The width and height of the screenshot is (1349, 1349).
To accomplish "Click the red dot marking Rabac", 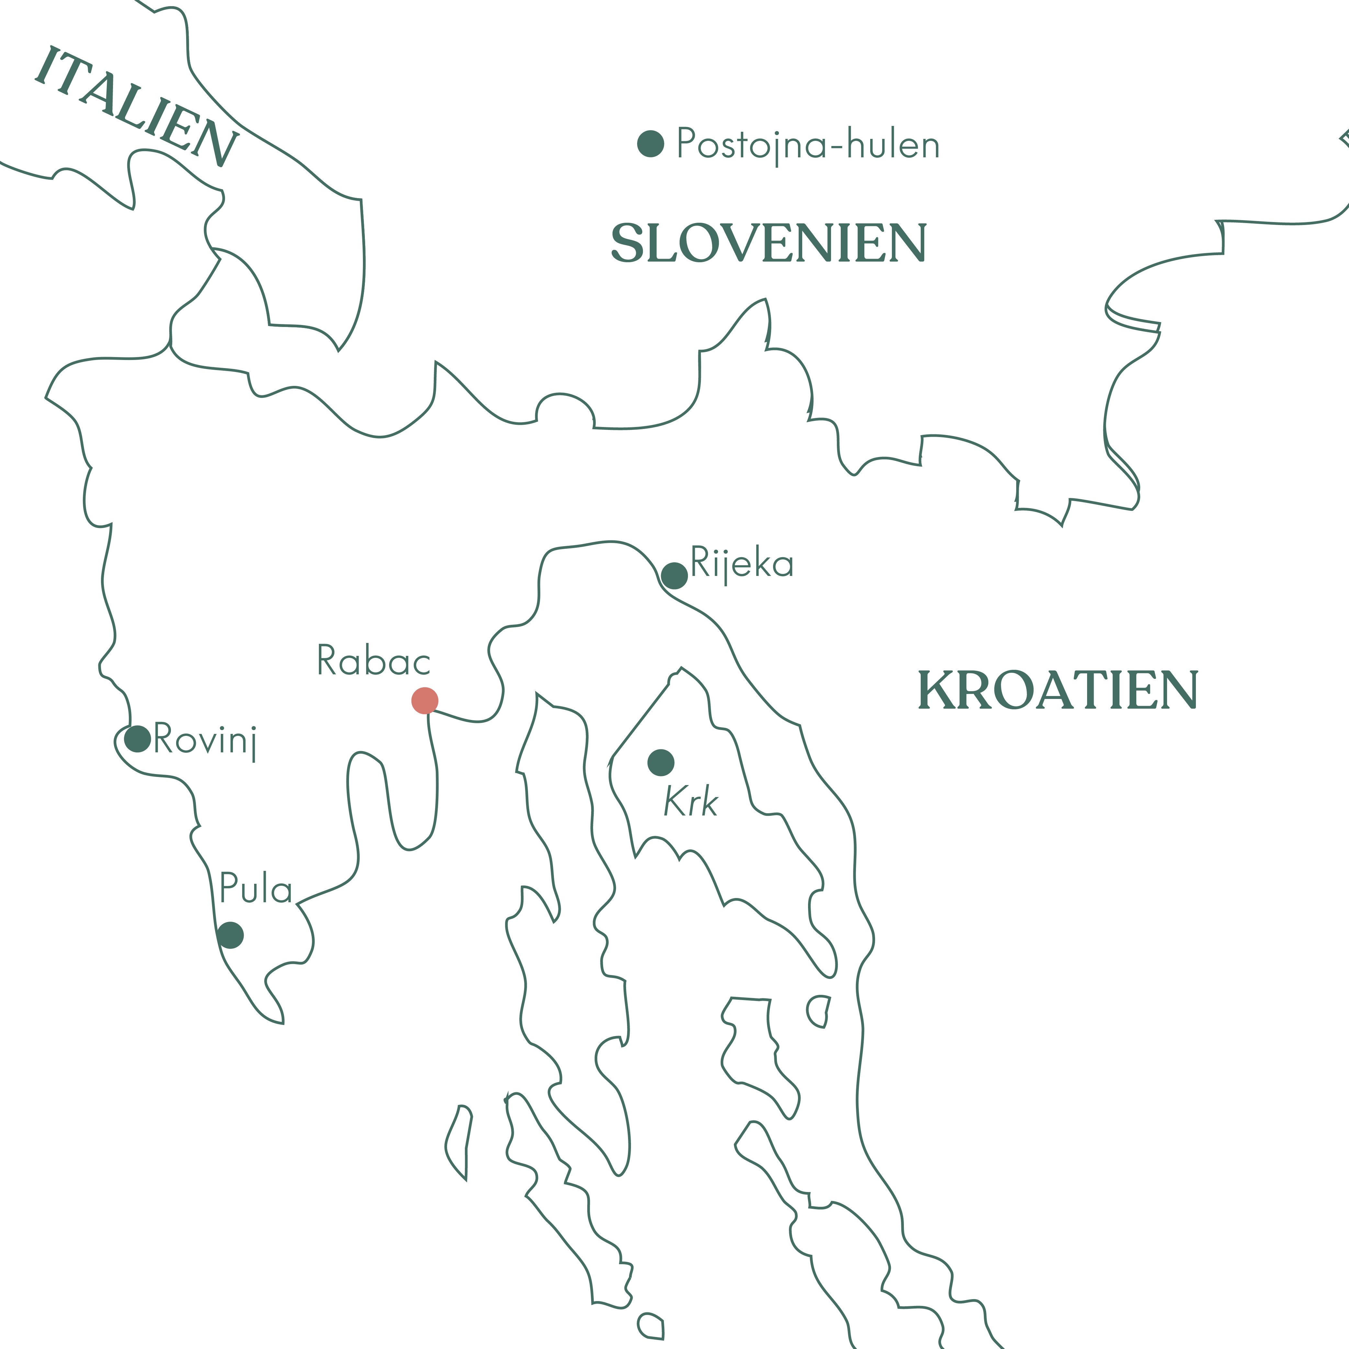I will coord(424,700).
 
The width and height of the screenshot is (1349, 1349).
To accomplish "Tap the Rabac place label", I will coord(374,660).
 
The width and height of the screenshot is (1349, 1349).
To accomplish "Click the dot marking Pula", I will coord(230,935).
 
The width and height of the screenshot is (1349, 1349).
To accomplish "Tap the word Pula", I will coord(255,889).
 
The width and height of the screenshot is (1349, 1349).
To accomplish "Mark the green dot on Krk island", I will coord(660,762).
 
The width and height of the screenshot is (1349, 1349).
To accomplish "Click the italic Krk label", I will coord(691,802).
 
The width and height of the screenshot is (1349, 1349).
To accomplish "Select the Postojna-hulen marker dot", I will coord(651,144).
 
